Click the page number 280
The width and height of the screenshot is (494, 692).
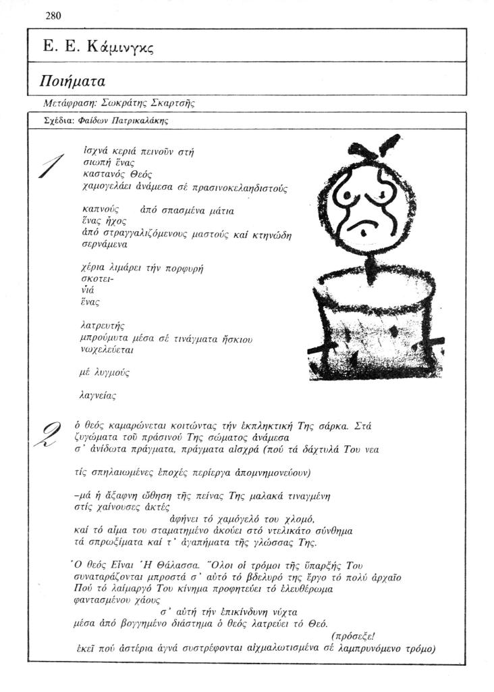53,16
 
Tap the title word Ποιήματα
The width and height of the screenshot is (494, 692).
74,82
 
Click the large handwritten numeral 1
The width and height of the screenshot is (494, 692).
52,166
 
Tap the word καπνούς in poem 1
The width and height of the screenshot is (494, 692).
100,210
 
